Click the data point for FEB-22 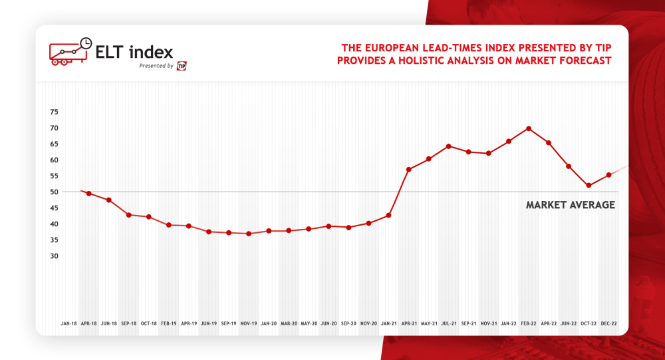[x=529, y=128]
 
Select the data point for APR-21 [x=409, y=170]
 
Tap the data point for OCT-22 [x=589, y=186]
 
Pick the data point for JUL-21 [x=449, y=146]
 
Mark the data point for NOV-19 [x=249, y=234]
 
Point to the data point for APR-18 [x=88, y=194]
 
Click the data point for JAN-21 [x=388, y=216]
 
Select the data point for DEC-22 [x=608, y=175]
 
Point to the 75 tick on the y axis [x=55, y=112]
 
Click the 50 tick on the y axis [x=55, y=192]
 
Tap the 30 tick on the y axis [x=55, y=256]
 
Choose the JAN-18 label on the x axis [x=68, y=323]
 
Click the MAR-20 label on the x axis [x=289, y=323]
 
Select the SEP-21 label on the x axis [x=469, y=323]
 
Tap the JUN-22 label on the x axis [x=569, y=323]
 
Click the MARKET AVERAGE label [x=570, y=205]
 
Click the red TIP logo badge [x=182, y=66]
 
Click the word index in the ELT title [x=152, y=52]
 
